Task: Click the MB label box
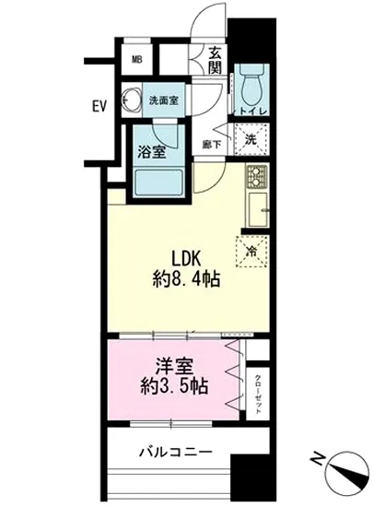pyautogui.click(x=136, y=62)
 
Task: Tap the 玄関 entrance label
pyautogui.click(x=215, y=62)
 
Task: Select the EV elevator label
pyautogui.click(x=99, y=107)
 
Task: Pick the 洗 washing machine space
pyautogui.click(x=250, y=141)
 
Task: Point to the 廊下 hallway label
pyautogui.click(x=211, y=144)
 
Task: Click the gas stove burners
pyautogui.click(x=255, y=174)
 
